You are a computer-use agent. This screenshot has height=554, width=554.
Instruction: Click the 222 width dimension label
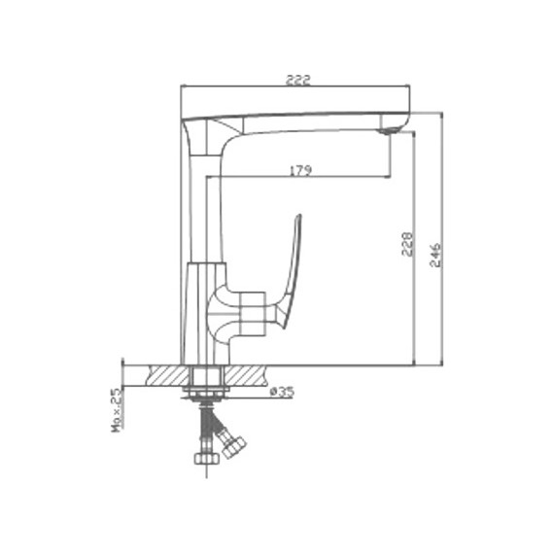pos(297,81)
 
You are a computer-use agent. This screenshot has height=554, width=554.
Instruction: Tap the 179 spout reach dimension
pos(301,171)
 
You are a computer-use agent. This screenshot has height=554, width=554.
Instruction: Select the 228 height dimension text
pos(406,244)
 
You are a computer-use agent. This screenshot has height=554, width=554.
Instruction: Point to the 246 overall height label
pos(435,255)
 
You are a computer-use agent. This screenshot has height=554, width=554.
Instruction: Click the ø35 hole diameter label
pos(282,392)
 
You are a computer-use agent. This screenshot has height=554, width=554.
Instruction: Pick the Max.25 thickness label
pos(117,410)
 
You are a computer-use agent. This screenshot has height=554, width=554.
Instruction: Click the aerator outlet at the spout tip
pos(387,131)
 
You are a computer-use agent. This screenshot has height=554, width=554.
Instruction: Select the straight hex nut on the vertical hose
pos(207,458)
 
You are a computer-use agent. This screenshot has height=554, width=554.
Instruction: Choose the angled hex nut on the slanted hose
pos(233,446)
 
